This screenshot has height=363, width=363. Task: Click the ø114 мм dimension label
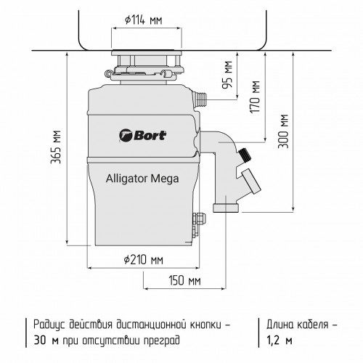coord(144,20)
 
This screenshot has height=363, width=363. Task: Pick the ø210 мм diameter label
coord(143,259)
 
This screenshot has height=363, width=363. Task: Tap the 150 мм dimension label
coord(184,280)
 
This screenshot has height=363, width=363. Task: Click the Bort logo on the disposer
coord(142,133)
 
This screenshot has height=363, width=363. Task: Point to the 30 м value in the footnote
coord(44,339)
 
